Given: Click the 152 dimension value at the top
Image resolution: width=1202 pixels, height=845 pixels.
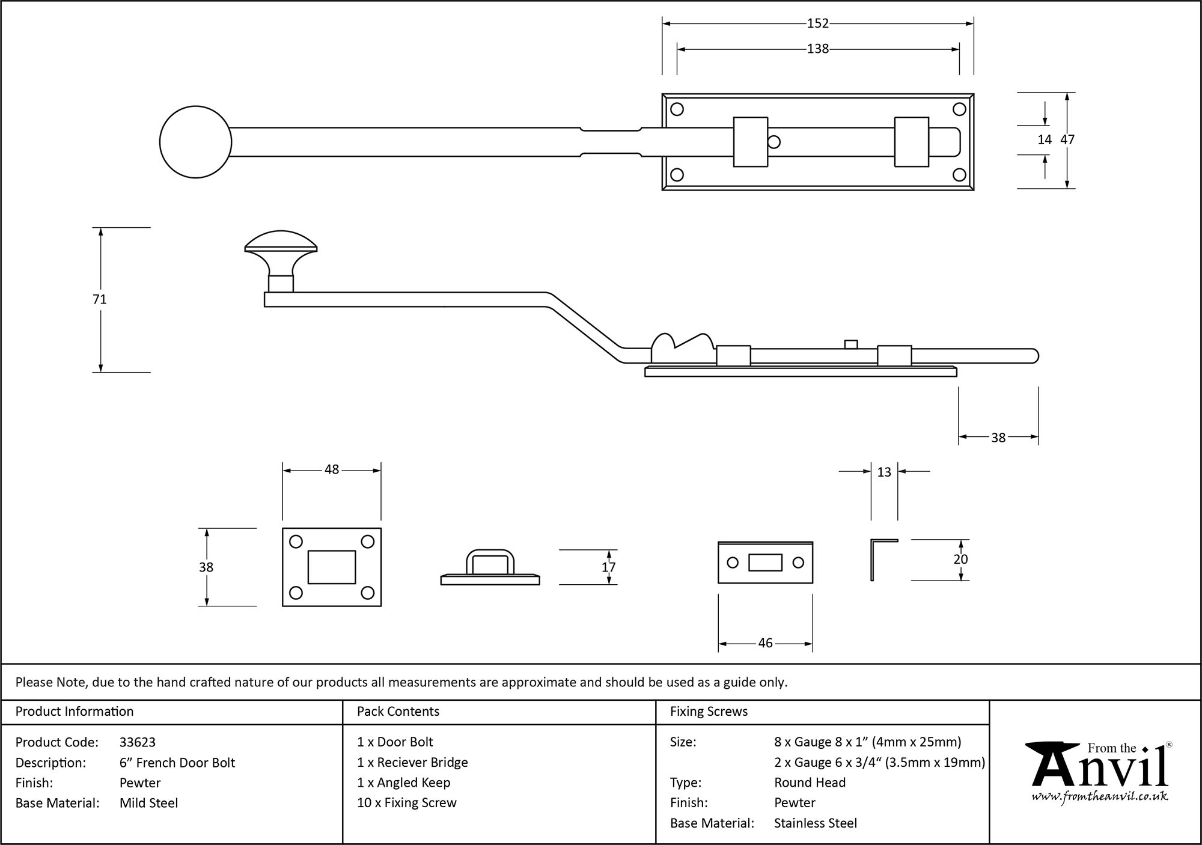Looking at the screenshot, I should (817, 23).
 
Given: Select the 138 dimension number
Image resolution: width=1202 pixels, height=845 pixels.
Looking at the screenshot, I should (817, 49).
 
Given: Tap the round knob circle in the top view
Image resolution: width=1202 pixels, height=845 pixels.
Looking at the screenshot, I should (195, 142).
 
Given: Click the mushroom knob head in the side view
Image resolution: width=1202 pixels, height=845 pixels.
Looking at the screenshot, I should (281, 243).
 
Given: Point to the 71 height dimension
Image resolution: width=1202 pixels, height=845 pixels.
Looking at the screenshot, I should (100, 299).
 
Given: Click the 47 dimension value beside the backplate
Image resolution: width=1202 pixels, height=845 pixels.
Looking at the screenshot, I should (1067, 139).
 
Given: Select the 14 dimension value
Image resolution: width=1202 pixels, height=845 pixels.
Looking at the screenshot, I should (1045, 139).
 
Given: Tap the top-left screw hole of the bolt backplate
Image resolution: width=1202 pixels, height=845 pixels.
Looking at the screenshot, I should (677, 109).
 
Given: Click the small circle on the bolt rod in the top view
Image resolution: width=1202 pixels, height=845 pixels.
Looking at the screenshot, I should (774, 142).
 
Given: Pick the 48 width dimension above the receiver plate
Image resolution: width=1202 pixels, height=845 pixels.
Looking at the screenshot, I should (332, 470).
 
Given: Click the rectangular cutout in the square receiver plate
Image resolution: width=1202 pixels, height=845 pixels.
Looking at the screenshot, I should (332, 567).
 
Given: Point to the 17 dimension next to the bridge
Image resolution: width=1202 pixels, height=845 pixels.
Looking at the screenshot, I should (608, 567).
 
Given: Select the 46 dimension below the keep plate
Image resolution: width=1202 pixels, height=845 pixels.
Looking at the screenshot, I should (765, 643).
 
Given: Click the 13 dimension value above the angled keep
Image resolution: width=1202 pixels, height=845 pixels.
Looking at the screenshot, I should (884, 472).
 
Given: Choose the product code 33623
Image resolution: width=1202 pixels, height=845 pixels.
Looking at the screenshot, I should (138, 742).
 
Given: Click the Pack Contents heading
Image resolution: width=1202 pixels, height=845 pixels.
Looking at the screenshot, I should (398, 712).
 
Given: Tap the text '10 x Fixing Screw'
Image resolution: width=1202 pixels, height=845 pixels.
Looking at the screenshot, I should (407, 803).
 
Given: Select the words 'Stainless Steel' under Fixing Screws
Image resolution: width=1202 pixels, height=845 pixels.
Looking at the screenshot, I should (816, 823).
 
